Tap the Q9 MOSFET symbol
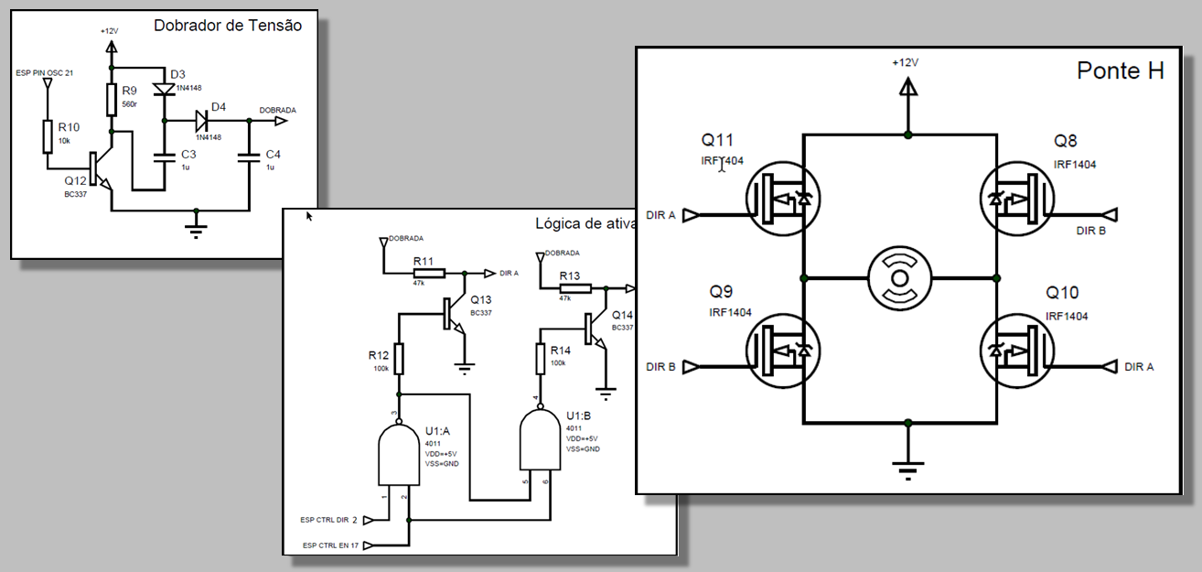click(783, 352)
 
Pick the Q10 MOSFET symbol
click(1017, 352)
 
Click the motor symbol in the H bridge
click(900, 277)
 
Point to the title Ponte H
click(1120, 71)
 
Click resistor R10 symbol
click(48, 137)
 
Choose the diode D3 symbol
click(165, 90)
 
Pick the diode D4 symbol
click(203, 120)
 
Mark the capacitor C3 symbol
click(165, 156)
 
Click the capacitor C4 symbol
click(250, 156)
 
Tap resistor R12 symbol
click(400, 360)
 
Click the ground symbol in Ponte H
click(907, 469)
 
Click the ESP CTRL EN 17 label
click(330, 545)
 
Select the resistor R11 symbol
click(429, 273)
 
